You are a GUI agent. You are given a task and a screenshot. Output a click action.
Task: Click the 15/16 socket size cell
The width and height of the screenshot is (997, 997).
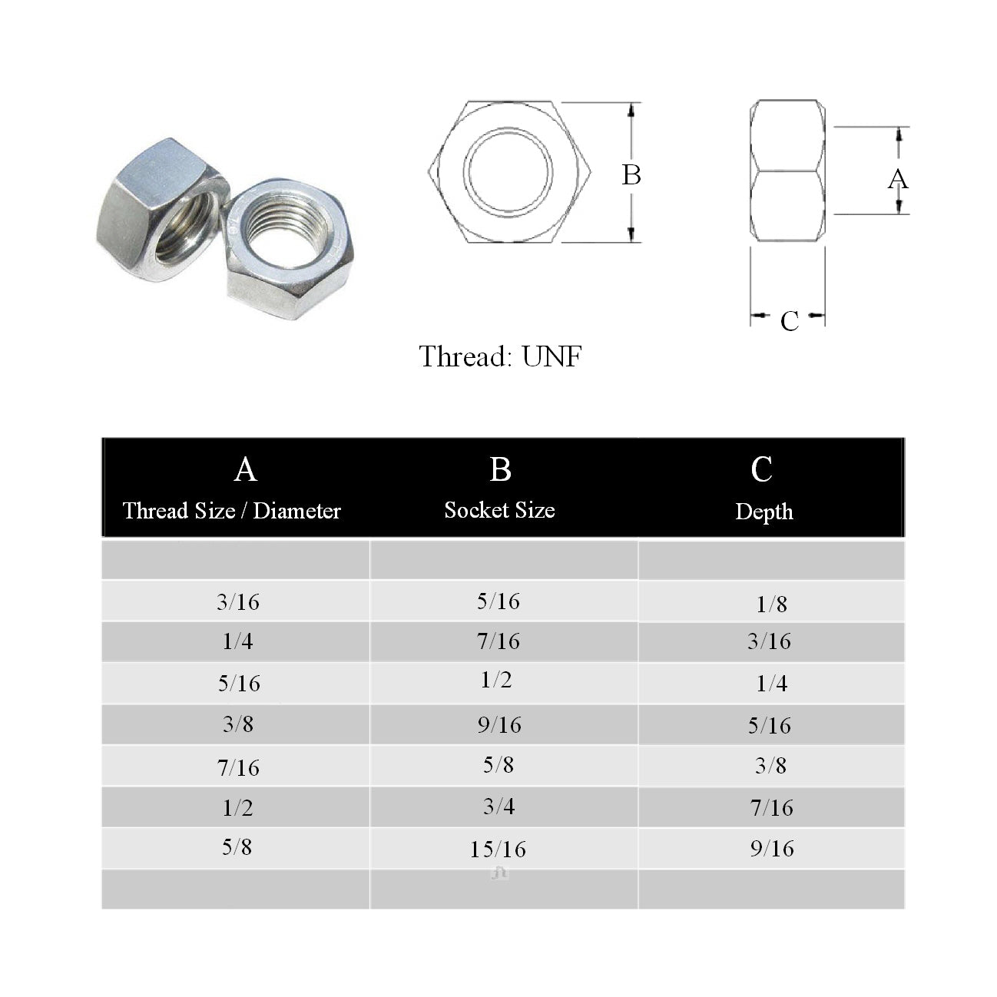coord(498,850)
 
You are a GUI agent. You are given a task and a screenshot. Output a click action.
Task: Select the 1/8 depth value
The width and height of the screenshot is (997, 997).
coord(771,604)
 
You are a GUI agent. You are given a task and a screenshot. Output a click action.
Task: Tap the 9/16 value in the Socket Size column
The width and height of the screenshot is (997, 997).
coord(499,725)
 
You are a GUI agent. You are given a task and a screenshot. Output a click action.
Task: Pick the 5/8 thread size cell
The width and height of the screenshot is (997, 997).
coord(237,847)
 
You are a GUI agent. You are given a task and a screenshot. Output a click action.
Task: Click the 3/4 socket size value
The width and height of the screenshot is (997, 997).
coord(498,807)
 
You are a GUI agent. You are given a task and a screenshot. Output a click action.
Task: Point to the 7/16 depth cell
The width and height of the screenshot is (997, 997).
coord(771,807)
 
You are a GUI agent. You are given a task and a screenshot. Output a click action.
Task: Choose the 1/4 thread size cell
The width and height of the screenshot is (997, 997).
coord(237,641)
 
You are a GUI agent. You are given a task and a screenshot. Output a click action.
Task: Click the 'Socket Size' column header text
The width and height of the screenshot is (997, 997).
coord(499,510)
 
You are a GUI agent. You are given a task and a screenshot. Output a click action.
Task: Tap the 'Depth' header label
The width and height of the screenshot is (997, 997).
coord(764,512)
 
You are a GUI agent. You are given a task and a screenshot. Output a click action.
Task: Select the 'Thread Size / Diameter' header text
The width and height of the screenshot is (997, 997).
coord(232,511)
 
